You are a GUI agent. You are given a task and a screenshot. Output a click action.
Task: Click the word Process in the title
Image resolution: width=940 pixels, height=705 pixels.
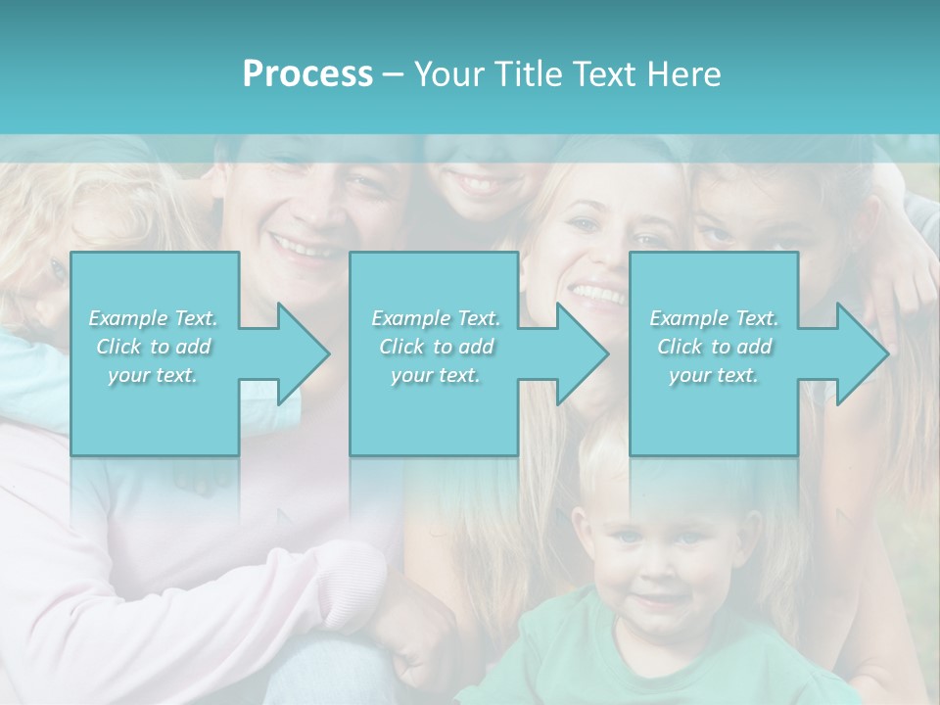pyautogui.click(x=307, y=74)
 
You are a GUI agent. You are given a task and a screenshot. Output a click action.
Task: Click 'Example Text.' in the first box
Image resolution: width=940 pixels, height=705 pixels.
pyautogui.click(x=154, y=318)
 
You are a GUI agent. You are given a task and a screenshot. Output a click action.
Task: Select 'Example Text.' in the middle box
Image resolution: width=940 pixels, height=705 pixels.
pyautogui.click(x=436, y=318)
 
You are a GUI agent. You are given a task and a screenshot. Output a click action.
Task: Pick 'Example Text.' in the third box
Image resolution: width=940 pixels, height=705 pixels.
pyautogui.click(x=714, y=318)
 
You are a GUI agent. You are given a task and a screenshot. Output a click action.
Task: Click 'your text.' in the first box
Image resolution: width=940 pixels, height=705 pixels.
pyautogui.click(x=153, y=375)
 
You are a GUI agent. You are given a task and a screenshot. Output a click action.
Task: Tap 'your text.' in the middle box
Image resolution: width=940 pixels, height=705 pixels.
pyautogui.click(x=435, y=375)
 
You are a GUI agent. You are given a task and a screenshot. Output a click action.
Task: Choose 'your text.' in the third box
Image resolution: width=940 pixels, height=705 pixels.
pyautogui.click(x=714, y=375)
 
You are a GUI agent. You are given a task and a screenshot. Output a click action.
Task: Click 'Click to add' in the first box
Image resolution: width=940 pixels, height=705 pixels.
pyautogui.click(x=154, y=347)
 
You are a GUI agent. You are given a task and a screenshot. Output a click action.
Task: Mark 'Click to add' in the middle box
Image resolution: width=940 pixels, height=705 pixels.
pyautogui.click(x=436, y=347)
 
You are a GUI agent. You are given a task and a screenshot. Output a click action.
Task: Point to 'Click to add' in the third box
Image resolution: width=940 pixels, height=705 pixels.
pyautogui.click(x=715, y=347)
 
